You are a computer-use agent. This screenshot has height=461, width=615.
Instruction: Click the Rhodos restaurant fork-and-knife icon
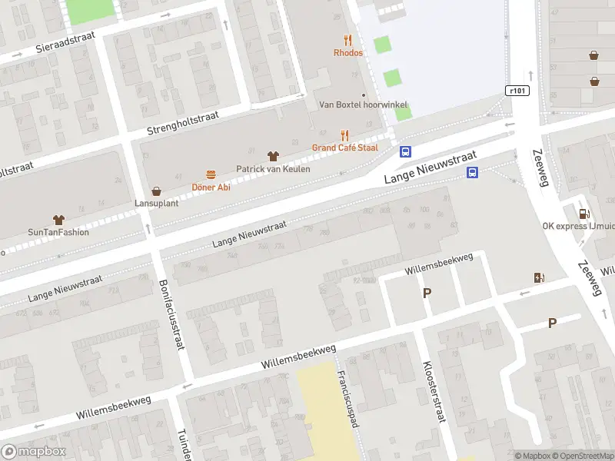tap(348, 40)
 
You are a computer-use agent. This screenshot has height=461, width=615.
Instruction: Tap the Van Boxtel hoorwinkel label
tap(363, 105)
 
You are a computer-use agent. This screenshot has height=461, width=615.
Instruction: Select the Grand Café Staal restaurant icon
tap(345, 134)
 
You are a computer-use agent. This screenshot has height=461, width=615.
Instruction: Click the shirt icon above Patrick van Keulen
tap(272, 156)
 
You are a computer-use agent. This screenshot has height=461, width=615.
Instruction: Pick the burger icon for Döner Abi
tap(210, 174)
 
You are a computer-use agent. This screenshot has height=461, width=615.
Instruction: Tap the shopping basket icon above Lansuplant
tap(157, 191)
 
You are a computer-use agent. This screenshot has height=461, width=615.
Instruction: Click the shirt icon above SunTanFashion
tap(58, 220)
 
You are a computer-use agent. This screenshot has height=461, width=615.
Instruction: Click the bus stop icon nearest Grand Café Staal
tap(405, 152)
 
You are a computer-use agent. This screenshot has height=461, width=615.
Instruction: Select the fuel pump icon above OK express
tap(584, 214)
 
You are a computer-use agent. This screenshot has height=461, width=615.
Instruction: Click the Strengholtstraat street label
tap(184, 124)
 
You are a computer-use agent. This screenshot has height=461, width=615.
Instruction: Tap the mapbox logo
tap(35, 452)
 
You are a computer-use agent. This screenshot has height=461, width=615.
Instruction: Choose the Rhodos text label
tap(348, 53)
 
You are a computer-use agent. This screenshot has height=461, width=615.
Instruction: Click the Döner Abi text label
tap(211, 187)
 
